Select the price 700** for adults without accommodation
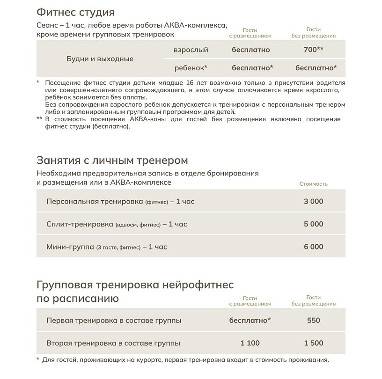(314, 50)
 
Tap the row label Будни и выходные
(99, 59)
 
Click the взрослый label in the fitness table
(191, 50)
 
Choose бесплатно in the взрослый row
(250, 50)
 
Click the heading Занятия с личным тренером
(112, 160)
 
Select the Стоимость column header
(314, 184)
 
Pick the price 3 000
(314, 201)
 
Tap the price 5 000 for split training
(314, 224)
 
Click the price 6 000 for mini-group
(314, 247)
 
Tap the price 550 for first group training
(314, 321)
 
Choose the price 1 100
(250, 343)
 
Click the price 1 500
(314, 343)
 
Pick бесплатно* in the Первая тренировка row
(250, 321)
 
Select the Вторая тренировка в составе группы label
(113, 343)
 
